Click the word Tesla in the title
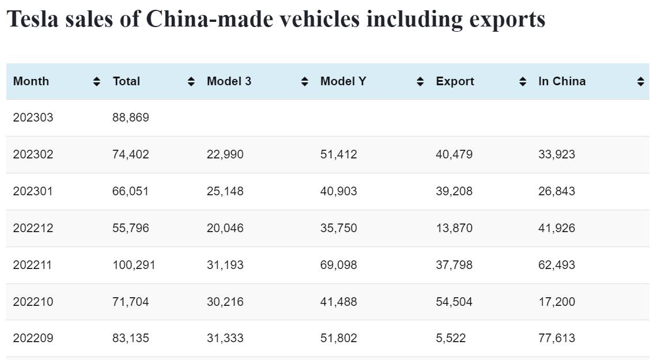pyautogui.click(x=32, y=19)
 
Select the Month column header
pyautogui.click(x=31, y=81)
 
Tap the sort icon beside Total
pyautogui.click(x=191, y=82)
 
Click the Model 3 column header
pyautogui.click(x=229, y=81)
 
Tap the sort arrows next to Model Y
pyautogui.click(x=421, y=82)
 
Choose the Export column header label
pyautogui.click(x=455, y=81)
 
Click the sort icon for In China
pyautogui.click(x=640, y=82)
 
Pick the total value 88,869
pyautogui.click(x=131, y=118)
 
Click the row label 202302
pyautogui.click(x=33, y=154)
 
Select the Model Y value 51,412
pyautogui.click(x=338, y=154)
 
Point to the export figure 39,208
pyautogui.click(x=454, y=191)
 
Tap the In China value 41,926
pyautogui.click(x=557, y=228)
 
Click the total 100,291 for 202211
pyautogui.click(x=134, y=265)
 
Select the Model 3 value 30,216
pyautogui.click(x=225, y=302)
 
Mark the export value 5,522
pyautogui.click(x=451, y=338)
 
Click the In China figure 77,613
pyautogui.click(x=557, y=338)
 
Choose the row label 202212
pyautogui.click(x=33, y=228)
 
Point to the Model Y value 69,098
pyautogui.click(x=338, y=265)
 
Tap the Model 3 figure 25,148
pyautogui.click(x=225, y=191)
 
